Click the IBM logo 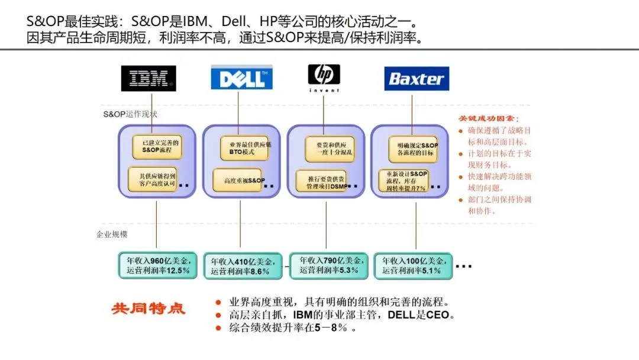(x=149, y=78)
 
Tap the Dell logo (x=241, y=78)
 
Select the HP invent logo (x=324, y=78)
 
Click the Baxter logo (x=417, y=78)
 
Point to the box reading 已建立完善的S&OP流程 (x=156, y=146)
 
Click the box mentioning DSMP (x=323, y=181)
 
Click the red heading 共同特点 (x=148, y=309)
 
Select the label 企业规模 (x=112, y=234)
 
